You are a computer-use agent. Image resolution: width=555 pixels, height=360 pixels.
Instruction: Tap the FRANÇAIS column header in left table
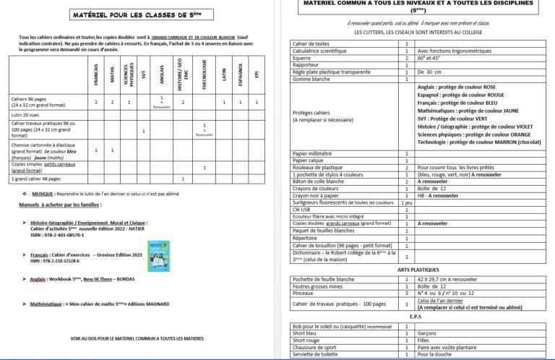pyautogui.click(x=97, y=74)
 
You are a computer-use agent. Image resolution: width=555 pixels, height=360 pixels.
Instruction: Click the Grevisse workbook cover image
pyautogui.click(x=157, y=254)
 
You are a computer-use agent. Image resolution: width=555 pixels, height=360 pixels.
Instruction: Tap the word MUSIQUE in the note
pyautogui.click(x=43, y=194)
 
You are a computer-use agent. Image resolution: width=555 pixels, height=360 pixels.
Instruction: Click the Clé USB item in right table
pyautogui.click(x=302, y=210)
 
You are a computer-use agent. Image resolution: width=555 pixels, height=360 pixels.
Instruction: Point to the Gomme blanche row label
pyautogui.click(x=312, y=79)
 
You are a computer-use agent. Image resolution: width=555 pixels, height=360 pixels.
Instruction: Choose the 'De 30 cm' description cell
pyautogui.click(x=431, y=72)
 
